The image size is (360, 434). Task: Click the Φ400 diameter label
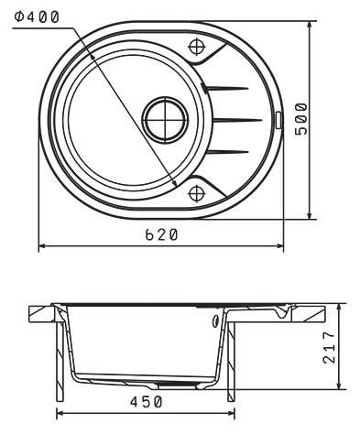pos(37,16)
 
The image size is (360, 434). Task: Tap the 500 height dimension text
pos(301,119)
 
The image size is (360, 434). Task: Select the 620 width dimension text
pos(161,234)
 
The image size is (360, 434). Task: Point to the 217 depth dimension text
pos(329,347)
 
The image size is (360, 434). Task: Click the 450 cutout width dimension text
pos(147,402)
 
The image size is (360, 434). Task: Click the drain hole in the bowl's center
pos(165,120)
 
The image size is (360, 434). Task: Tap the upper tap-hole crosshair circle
pos(197,47)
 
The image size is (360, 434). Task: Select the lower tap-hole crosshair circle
pos(197,193)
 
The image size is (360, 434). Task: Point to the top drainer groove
pos(226,89)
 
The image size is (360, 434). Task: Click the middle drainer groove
pos(237,120)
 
